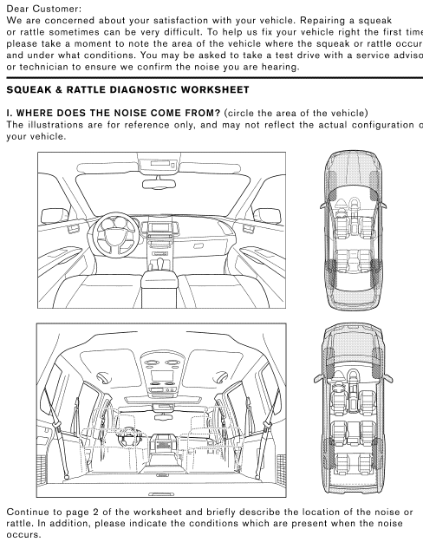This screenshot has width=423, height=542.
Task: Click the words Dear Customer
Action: (x=42, y=8)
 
